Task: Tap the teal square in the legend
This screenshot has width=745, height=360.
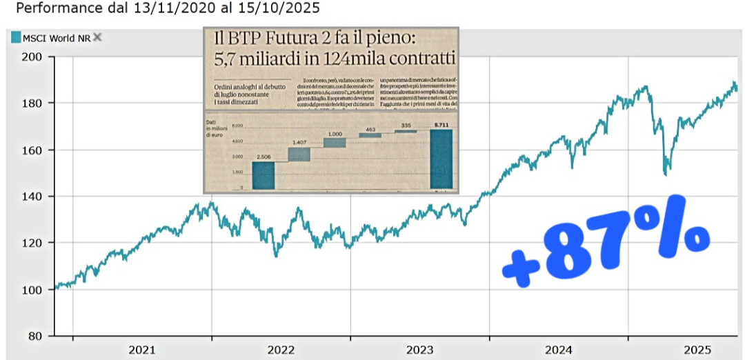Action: click(16, 38)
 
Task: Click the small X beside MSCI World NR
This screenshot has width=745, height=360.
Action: click(97, 37)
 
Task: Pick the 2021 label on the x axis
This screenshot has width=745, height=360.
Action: click(142, 350)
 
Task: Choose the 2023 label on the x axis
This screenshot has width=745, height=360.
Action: click(419, 350)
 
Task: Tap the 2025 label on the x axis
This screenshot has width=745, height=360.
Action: click(698, 350)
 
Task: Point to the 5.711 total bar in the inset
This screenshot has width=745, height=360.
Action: click(441, 159)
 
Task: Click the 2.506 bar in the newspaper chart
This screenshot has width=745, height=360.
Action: click(263, 175)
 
